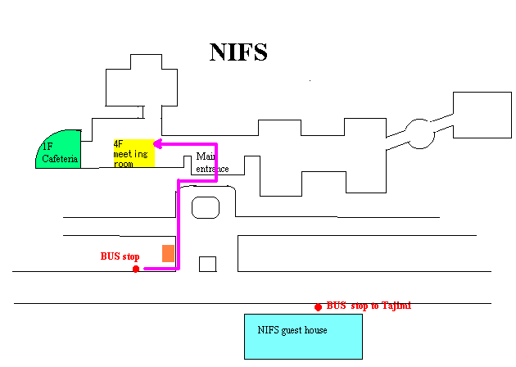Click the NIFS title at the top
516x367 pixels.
238,52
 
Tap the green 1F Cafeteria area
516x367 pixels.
59,149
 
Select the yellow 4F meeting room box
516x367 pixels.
134,153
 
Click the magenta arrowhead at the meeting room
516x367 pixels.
157,144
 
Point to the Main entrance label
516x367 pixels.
212,162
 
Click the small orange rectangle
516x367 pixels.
168,253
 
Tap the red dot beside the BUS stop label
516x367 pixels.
136,270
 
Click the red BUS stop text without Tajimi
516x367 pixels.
120,256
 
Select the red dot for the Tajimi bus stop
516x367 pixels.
318,307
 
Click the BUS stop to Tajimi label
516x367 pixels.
369,306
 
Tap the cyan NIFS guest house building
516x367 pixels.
303,337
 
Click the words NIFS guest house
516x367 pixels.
292,330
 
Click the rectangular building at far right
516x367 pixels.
482,115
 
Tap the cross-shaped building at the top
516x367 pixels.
142,80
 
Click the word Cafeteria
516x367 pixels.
60,159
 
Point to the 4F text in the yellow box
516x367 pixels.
118,144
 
